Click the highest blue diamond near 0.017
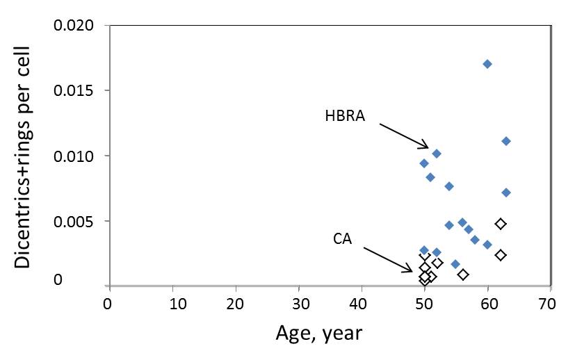(487, 64)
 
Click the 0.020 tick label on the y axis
(74, 25)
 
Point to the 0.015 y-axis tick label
(74, 90)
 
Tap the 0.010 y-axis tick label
(74, 156)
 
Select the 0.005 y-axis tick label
(74, 222)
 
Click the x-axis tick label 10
(178, 304)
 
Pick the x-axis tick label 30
(301, 304)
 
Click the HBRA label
(345, 116)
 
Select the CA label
(343, 239)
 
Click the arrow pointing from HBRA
(404, 136)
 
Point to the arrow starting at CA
(389, 259)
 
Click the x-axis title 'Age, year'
(319, 334)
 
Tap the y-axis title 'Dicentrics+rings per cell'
(23, 157)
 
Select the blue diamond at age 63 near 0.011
(506, 141)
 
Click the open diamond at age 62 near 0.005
(501, 224)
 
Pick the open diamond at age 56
(463, 275)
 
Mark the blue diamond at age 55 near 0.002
(455, 264)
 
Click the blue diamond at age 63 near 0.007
(506, 193)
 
